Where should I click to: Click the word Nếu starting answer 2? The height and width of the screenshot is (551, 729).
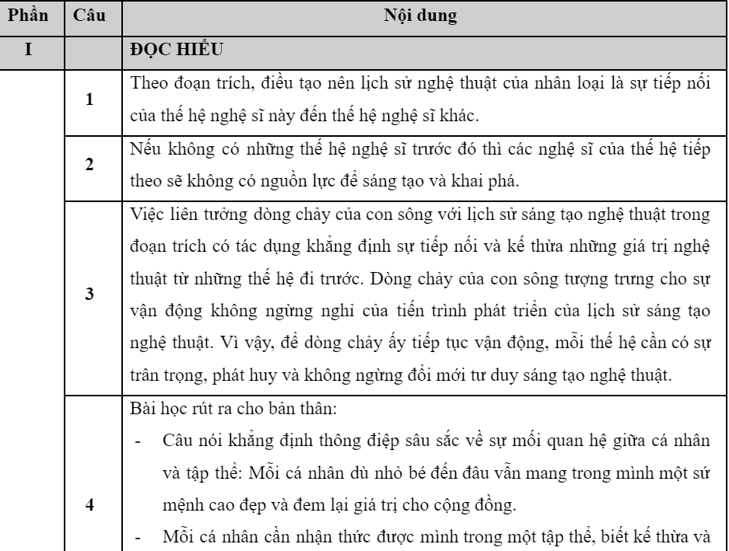[x=145, y=150]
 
